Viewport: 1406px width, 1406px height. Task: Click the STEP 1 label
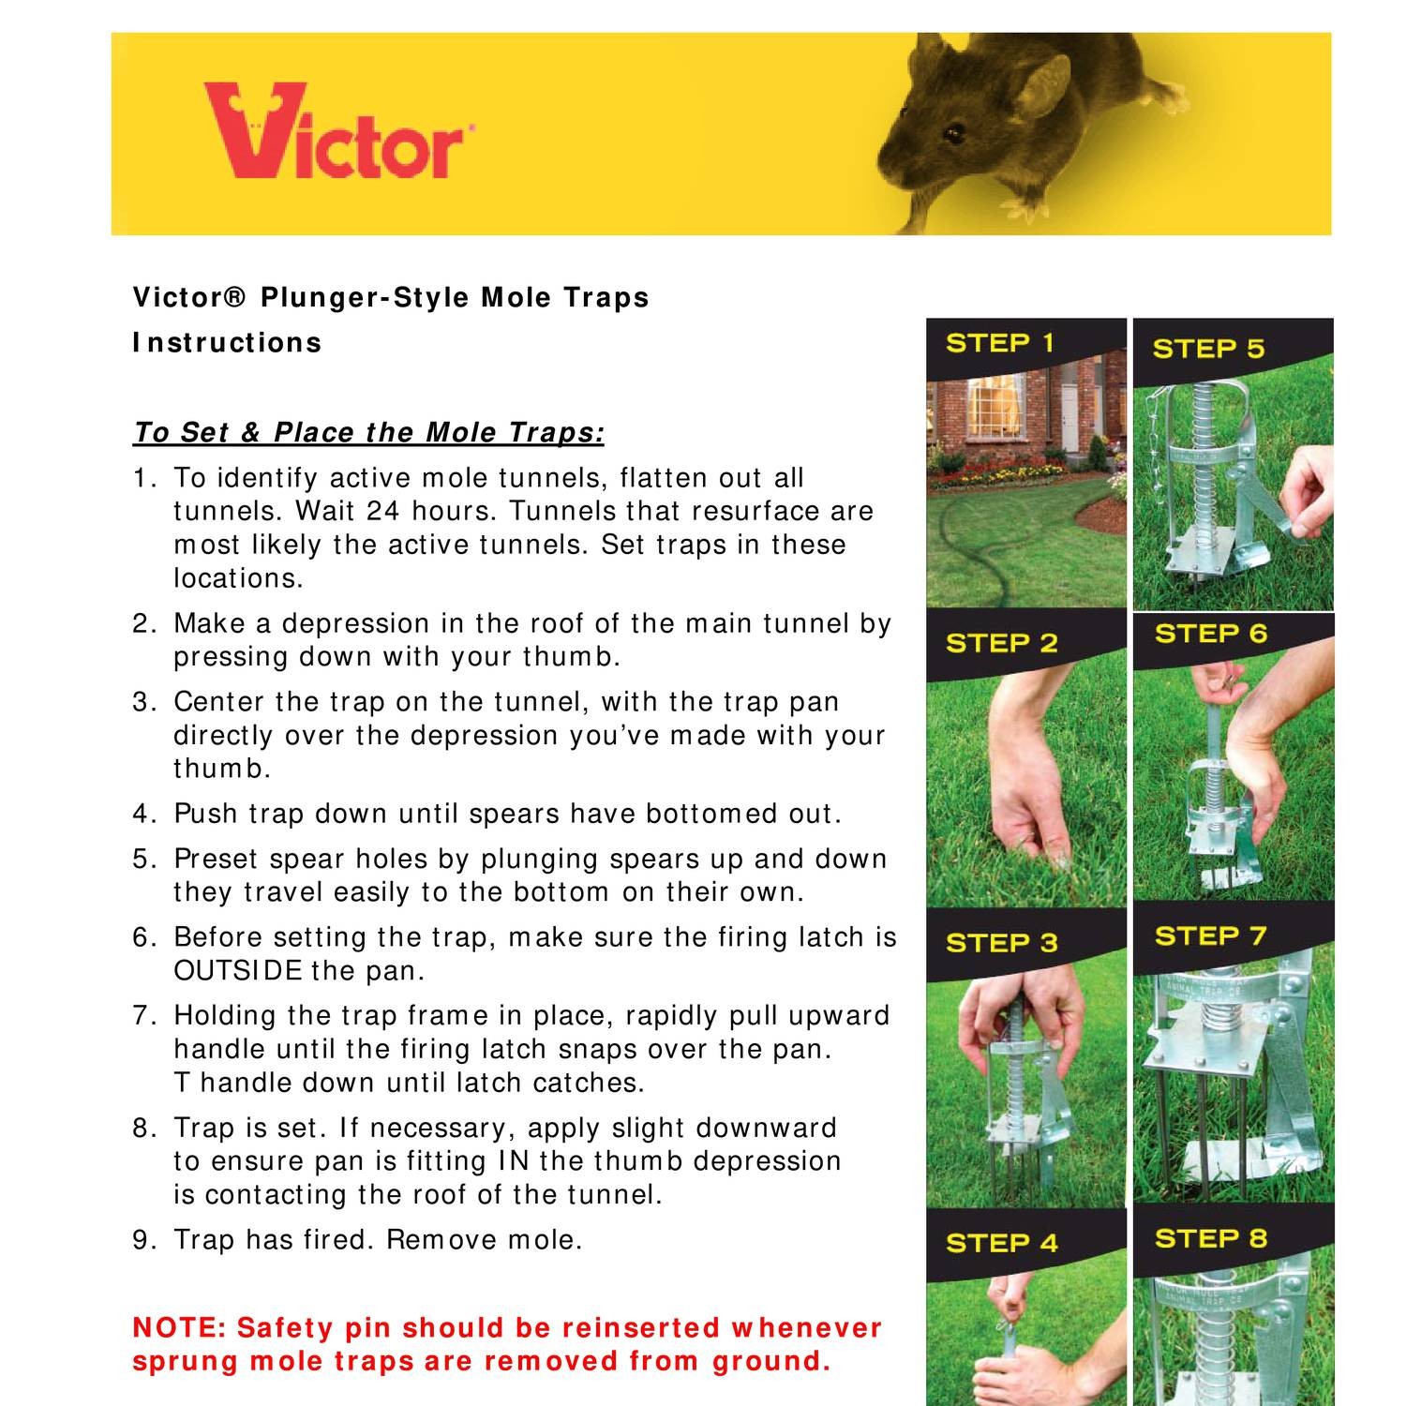[x=999, y=343]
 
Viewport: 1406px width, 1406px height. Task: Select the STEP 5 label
[x=1207, y=349]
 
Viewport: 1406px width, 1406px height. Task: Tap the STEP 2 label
[x=1001, y=643]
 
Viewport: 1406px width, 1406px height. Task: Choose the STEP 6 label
[x=1210, y=634]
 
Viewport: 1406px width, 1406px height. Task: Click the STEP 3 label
[x=1001, y=943]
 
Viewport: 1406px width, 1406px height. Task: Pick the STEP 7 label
[x=1210, y=935]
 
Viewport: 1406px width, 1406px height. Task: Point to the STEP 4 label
[x=1001, y=1243]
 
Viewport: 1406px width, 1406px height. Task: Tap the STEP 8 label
[x=1210, y=1238]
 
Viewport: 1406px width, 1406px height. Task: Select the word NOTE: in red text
[x=180, y=1328]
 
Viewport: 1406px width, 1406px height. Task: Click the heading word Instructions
[x=227, y=343]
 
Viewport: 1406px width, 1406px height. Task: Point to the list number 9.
[x=141, y=1240]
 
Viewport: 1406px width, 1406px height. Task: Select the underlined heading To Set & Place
[x=367, y=433]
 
